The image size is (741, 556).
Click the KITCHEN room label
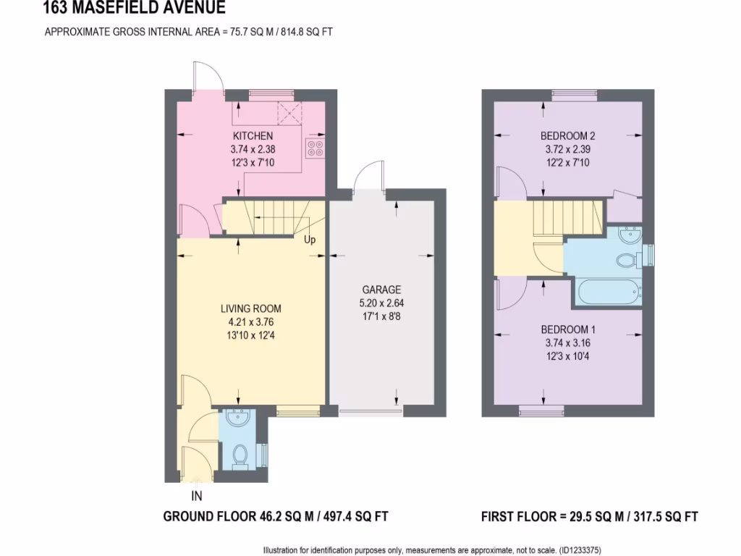click(x=253, y=136)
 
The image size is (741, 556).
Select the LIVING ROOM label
click(x=251, y=308)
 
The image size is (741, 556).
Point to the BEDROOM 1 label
click(x=568, y=329)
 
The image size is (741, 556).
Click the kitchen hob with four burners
click(x=316, y=148)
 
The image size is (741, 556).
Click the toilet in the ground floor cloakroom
click(x=239, y=455)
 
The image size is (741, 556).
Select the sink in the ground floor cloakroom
click(x=237, y=418)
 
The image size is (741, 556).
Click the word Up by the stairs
click(x=310, y=240)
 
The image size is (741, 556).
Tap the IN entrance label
click(x=196, y=496)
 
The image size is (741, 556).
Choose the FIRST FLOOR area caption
click(x=589, y=517)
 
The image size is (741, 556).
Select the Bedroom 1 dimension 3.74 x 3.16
click(x=568, y=343)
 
